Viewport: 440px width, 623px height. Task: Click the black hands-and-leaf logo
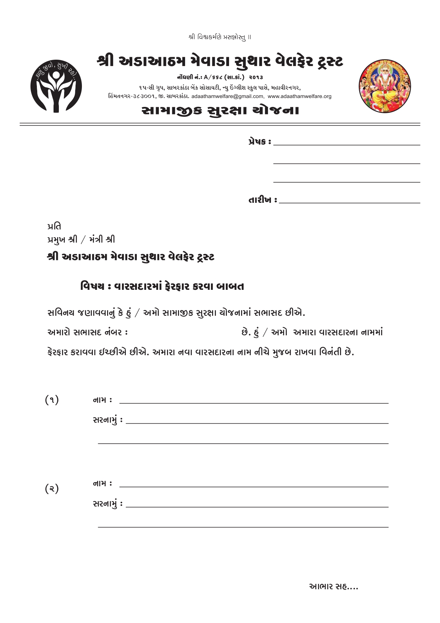point(56,87)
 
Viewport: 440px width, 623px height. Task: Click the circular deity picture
point(385,87)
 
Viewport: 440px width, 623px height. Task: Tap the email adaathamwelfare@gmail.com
point(228,96)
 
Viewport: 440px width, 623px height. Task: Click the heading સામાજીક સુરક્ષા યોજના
point(220,110)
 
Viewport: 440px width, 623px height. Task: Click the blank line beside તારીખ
point(349,202)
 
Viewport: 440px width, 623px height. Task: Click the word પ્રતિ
point(54,226)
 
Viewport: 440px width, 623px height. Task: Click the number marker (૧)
point(52,400)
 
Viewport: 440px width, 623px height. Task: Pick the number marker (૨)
point(52,489)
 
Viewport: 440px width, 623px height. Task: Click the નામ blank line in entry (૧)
point(254,403)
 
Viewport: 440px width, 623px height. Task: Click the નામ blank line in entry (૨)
point(254,486)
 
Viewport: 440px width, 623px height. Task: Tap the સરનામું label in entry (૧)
point(105,420)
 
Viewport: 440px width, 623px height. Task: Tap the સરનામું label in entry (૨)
point(105,504)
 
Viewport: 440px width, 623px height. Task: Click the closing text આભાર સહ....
point(333,587)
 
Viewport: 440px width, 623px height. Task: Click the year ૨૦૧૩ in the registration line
point(256,77)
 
